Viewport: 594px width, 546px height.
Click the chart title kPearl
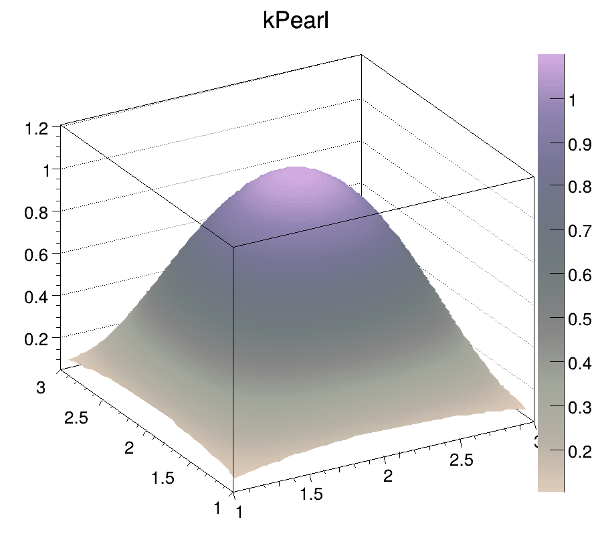pyautogui.click(x=296, y=21)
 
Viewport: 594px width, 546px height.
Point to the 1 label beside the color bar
pyautogui.click(x=573, y=100)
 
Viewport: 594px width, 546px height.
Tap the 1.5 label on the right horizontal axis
pyautogui.click(x=311, y=494)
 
